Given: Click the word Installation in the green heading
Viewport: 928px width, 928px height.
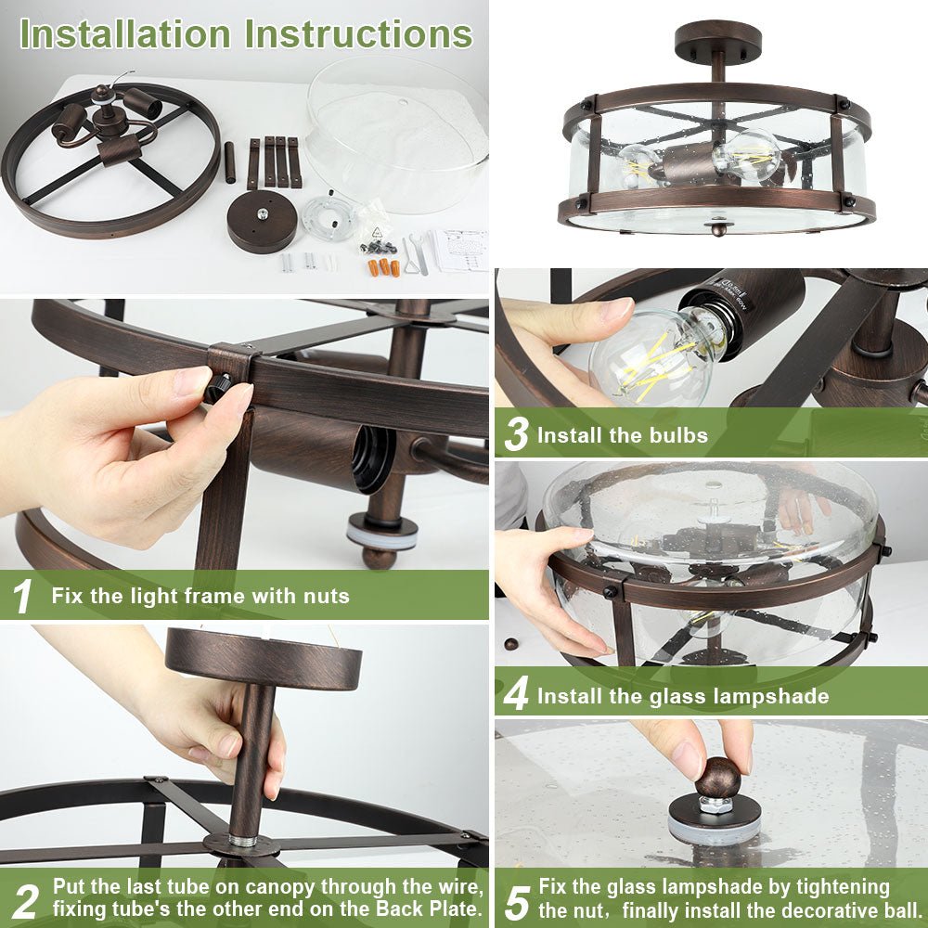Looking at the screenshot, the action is [125, 33].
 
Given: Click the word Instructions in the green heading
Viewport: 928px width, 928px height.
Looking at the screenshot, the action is [358, 33].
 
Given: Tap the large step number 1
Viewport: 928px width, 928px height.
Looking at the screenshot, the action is [22, 596].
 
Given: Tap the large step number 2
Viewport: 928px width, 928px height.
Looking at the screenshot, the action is [25, 901].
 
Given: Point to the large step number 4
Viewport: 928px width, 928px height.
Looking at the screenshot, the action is [516, 693].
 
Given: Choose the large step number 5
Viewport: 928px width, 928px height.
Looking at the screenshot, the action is [517, 904].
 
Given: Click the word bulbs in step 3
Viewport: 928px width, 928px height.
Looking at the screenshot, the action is [678, 435].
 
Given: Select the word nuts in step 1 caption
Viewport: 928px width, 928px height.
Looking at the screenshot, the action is [326, 596].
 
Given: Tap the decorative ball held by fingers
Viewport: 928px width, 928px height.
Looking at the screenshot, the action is [717, 777].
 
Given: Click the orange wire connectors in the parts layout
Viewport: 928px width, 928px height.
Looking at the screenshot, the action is [383, 267].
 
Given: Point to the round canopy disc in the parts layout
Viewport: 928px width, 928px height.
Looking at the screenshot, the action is [263, 222].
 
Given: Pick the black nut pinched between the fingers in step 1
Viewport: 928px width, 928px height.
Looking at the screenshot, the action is [218, 387].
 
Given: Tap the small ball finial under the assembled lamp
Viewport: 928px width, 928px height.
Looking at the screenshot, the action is [718, 228].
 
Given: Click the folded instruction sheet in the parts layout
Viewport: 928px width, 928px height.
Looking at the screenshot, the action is [460, 250].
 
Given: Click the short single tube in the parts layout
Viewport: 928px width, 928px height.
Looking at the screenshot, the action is [229, 162].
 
